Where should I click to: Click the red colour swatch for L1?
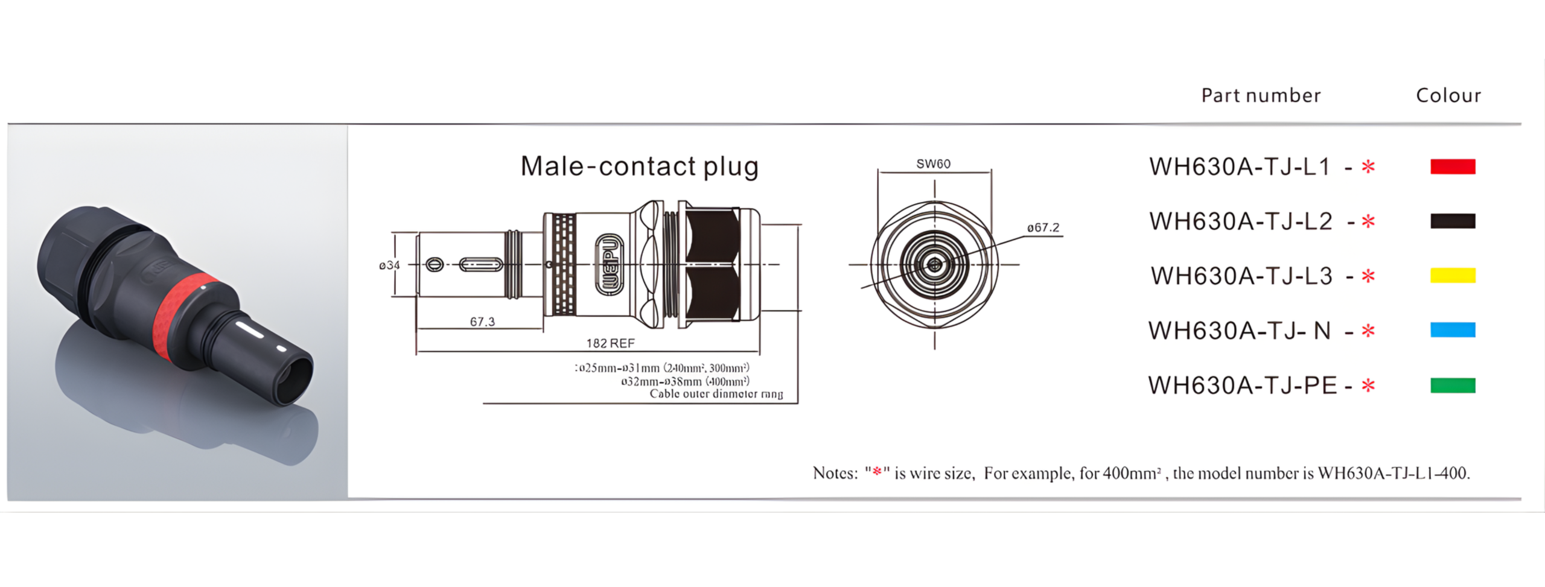pos(1452,167)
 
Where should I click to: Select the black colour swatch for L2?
pos(1452,221)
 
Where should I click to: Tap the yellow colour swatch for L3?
pos(1452,276)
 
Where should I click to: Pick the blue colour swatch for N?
pos(1452,330)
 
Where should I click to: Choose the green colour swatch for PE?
pos(1452,386)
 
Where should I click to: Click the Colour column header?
pos(1448,95)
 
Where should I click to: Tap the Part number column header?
pos(1261,95)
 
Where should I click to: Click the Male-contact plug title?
pos(639,167)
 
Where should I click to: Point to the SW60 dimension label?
pos(933,164)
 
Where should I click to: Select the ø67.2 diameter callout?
pos(1043,227)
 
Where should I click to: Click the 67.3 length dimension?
pos(482,322)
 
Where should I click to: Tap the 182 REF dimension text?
pos(610,343)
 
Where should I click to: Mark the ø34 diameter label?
pos(389,265)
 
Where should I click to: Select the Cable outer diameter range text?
pos(716,394)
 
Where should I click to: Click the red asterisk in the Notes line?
pos(877,471)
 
